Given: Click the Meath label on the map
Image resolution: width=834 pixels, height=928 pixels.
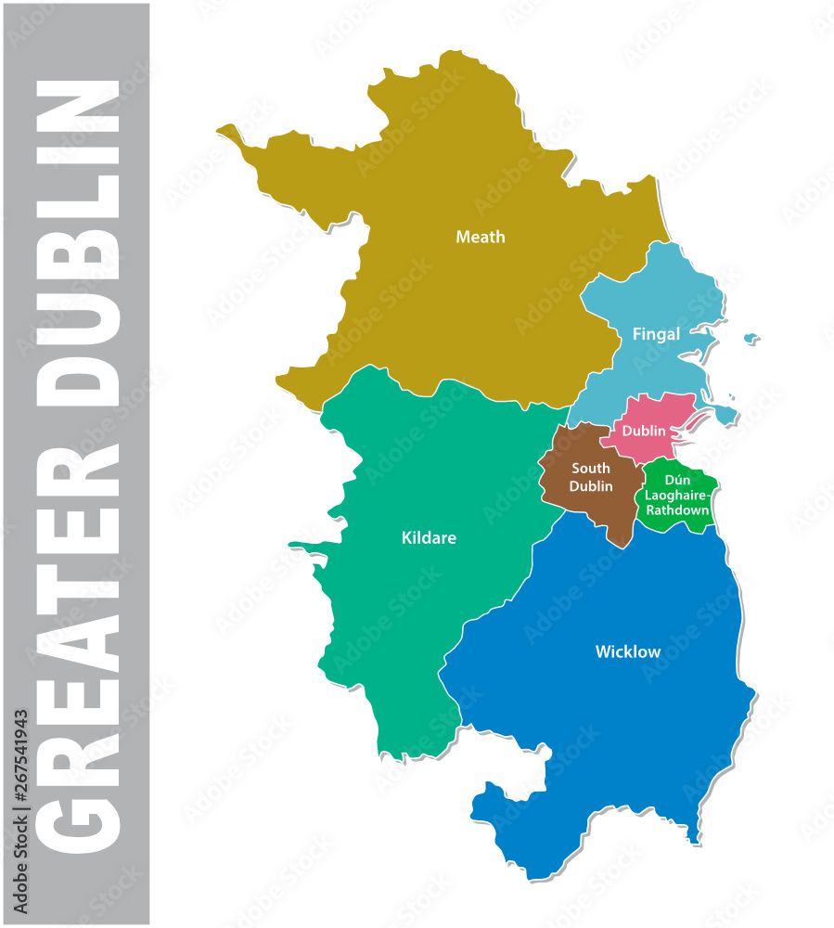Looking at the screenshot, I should click(x=481, y=238).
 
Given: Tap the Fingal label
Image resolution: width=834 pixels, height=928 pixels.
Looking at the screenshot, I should click(x=656, y=334).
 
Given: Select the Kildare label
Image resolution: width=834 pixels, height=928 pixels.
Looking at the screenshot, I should click(x=429, y=538).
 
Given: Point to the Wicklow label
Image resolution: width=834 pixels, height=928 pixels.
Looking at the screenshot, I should click(x=628, y=652).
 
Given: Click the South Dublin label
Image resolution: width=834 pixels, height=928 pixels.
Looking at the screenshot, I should click(x=591, y=478).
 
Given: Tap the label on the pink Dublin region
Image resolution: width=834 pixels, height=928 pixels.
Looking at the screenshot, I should click(x=644, y=431).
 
